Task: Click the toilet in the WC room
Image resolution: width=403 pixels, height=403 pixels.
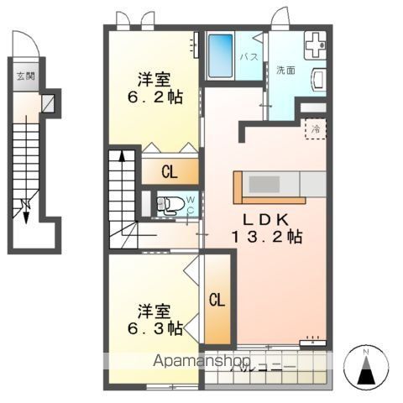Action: (x=170, y=204)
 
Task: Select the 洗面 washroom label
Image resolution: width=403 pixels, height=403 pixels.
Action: (x=285, y=71)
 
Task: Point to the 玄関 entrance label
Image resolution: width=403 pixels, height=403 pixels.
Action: (x=24, y=76)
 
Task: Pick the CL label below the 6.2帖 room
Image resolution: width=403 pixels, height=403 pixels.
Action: (x=169, y=173)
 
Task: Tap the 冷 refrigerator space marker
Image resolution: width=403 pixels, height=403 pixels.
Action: (x=316, y=129)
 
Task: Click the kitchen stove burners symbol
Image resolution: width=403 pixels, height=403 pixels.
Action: (x=316, y=42)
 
